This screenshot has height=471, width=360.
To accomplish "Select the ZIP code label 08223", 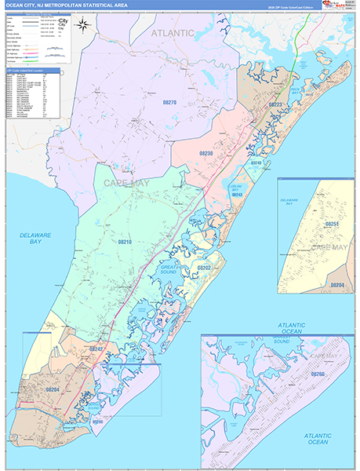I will (275, 104).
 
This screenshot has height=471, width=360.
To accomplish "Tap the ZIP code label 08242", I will (97, 348).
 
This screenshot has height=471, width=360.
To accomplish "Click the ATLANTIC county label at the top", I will (172, 33).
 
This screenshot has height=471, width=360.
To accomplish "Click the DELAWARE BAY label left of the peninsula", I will (36, 238).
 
